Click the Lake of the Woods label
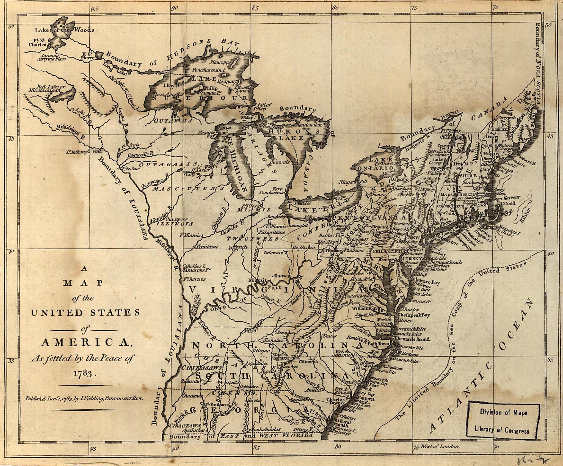coord(64,30)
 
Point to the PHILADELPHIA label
coord(388,251)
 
